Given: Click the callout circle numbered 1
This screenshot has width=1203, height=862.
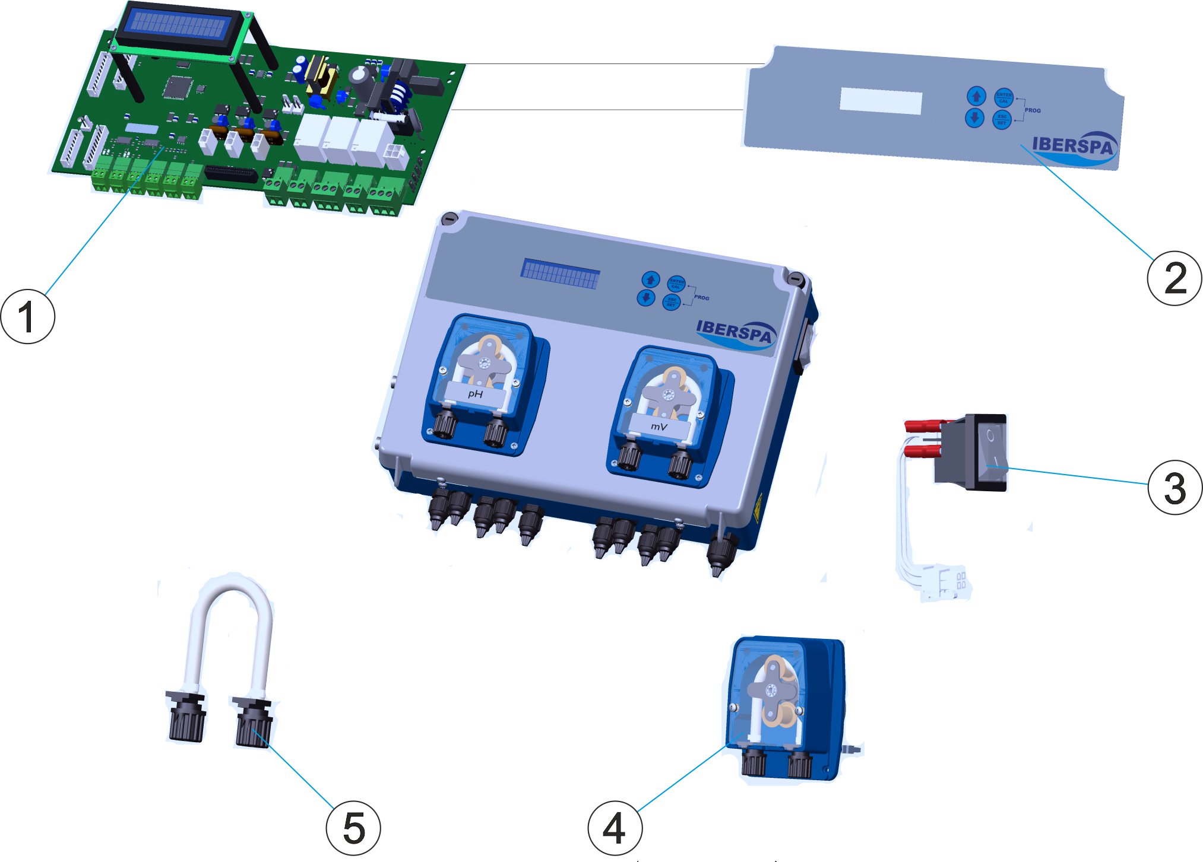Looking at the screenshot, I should (27, 316).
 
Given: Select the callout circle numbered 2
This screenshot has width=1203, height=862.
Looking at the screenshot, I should (1174, 278).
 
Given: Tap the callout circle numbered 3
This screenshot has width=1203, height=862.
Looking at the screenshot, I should (1174, 487).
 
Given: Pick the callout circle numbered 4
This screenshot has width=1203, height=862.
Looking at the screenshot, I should (615, 828).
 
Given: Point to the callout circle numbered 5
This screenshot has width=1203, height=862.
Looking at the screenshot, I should (353, 828).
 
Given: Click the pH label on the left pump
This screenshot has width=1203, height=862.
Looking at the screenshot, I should (475, 393).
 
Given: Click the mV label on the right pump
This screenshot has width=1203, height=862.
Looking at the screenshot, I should (659, 426).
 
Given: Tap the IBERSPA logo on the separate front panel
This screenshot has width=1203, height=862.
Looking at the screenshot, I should (1072, 146).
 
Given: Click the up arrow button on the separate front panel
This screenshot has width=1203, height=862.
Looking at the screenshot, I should (976, 96).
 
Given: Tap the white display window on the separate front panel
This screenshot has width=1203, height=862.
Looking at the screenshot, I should (881, 101).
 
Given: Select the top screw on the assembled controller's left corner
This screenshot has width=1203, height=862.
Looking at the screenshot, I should (449, 219).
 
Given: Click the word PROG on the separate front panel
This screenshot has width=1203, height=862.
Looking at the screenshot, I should (1033, 110).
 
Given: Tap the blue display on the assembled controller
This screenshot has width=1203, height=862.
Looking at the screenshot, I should (560, 274).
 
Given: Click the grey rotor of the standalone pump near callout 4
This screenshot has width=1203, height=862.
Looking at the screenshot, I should (771, 689).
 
